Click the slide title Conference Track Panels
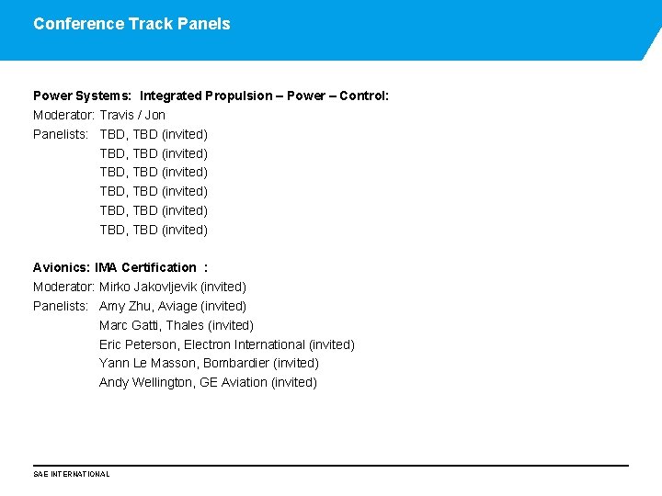(x=131, y=24)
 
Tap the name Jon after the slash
(x=155, y=115)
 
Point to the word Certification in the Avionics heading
(x=158, y=267)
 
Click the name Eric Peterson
(x=138, y=344)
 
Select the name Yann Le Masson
(x=147, y=363)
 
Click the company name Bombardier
(x=237, y=363)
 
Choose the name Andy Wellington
(x=147, y=382)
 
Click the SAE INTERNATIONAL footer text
(x=72, y=474)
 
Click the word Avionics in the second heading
(x=61, y=267)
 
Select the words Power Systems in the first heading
(x=81, y=96)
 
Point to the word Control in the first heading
(x=363, y=96)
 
